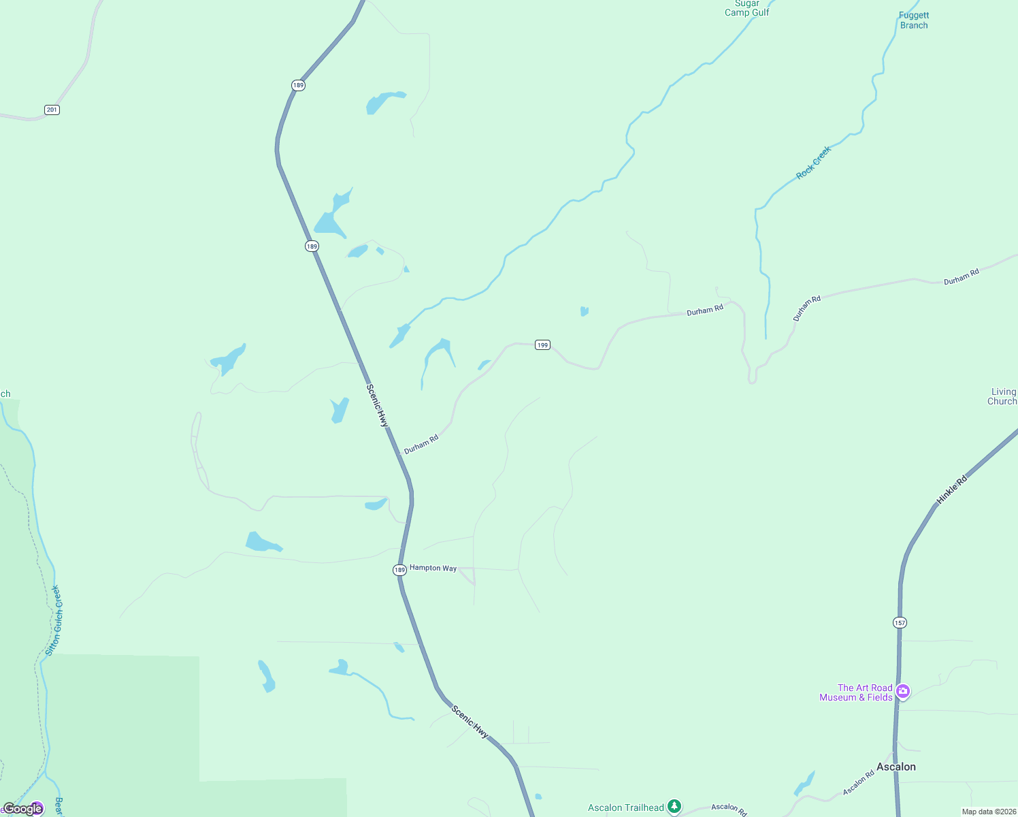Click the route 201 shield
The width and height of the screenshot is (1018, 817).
click(x=52, y=110)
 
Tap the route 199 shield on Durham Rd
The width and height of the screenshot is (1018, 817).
click(x=542, y=345)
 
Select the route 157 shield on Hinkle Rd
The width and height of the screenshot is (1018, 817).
click(x=900, y=622)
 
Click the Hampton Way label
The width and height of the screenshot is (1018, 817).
click(x=433, y=568)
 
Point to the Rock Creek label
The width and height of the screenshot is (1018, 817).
click(x=814, y=163)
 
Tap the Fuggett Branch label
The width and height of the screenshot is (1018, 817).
click(x=913, y=20)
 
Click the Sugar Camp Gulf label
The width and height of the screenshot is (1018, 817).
click(x=746, y=8)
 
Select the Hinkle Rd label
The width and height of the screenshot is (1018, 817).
click(x=951, y=490)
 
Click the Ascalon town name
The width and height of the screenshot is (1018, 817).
click(x=896, y=767)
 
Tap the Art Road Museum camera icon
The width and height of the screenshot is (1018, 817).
click(x=903, y=692)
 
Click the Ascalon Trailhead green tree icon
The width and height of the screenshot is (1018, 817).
click(x=674, y=807)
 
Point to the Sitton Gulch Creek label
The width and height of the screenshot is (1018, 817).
click(x=53, y=620)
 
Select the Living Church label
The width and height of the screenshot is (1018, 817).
click(x=1002, y=396)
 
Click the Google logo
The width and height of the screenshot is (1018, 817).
click(x=23, y=808)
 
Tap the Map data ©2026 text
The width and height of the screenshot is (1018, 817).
click(x=989, y=812)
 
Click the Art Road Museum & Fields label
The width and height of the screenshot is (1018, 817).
click(x=856, y=692)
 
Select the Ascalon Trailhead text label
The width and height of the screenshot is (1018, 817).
click(x=625, y=807)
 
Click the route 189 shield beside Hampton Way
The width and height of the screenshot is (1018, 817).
click(x=399, y=570)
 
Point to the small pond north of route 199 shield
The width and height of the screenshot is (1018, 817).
click(x=584, y=311)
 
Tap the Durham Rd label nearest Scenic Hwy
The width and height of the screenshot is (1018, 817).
click(x=421, y=445)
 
